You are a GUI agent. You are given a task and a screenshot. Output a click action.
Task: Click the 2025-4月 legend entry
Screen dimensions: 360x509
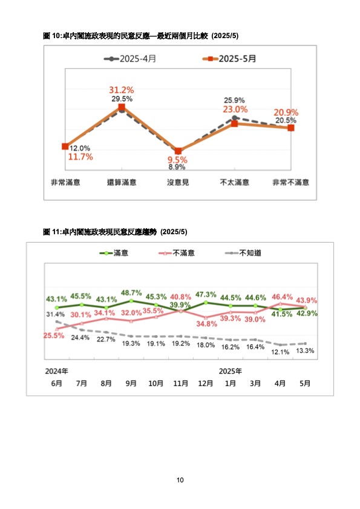[130, 59]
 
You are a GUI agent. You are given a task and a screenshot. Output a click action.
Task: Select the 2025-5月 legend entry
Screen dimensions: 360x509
[229, 59]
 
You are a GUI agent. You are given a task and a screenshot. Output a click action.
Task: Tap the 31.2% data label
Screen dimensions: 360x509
[122, 90]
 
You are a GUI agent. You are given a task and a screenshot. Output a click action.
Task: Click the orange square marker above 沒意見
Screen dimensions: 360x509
[178, 151]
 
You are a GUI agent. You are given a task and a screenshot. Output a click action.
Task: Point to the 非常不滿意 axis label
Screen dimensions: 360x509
[290, 182]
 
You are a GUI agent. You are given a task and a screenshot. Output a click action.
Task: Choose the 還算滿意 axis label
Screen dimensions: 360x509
[122, 182]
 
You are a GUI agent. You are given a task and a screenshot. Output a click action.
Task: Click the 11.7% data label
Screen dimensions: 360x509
[80, 157]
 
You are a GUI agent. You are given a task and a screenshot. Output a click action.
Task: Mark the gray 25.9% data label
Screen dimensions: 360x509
[234, 100]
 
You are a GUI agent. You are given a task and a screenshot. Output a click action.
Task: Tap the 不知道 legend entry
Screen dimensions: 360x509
[243, 253]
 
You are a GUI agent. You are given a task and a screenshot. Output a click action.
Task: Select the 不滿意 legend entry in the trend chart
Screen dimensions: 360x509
[177, 253]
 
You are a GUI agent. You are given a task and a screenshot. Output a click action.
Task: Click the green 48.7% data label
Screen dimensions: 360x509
[131, 293]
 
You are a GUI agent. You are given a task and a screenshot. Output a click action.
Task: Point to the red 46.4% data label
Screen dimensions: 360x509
[282, 297]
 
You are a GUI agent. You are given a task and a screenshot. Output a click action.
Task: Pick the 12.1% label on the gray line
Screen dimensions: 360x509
[280, 352]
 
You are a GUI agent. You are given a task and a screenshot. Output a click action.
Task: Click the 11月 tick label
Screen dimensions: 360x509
[181, 383]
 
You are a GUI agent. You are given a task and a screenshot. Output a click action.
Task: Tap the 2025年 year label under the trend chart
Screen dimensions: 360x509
[230, 371]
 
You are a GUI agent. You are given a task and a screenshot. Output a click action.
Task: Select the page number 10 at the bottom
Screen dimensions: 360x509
[180, 480]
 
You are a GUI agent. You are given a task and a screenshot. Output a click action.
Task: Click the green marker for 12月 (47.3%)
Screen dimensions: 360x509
[206, 303]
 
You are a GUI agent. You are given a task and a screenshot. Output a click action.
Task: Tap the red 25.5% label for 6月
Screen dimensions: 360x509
[54, 335]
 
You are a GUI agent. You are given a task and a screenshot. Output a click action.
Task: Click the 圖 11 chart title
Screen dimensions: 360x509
[115, 232]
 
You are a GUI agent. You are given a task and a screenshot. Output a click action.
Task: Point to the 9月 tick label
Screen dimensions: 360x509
[131, 383]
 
